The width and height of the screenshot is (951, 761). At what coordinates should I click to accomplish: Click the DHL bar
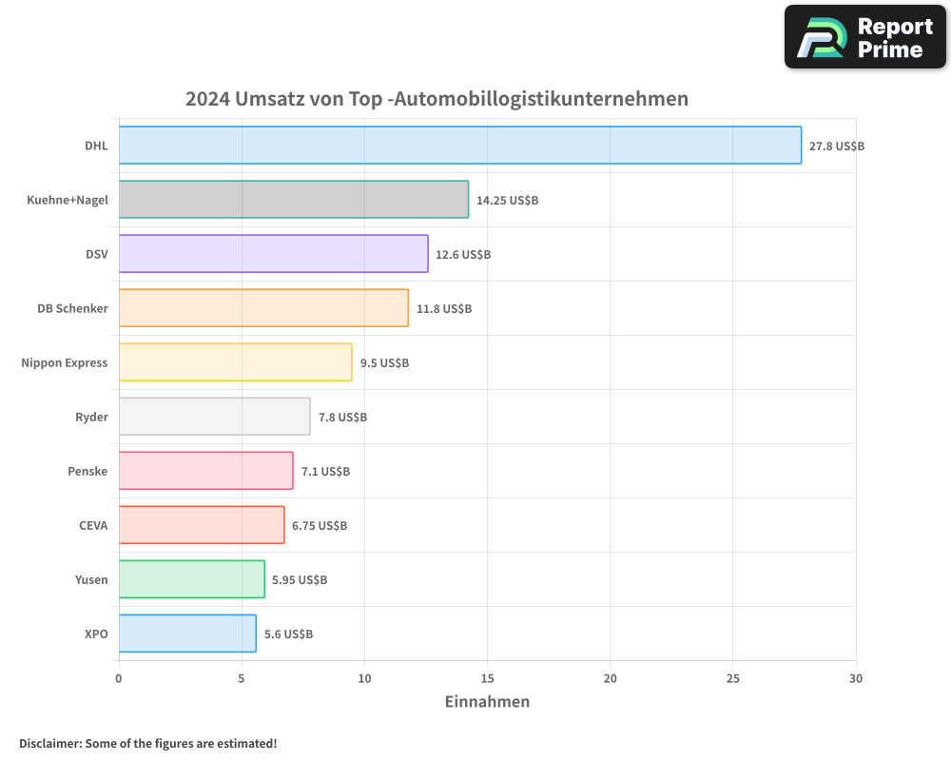459,146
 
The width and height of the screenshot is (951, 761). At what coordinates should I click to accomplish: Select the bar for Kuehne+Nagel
293,200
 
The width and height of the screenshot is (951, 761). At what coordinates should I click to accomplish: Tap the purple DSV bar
273,254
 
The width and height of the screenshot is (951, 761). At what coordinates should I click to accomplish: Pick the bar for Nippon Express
235,362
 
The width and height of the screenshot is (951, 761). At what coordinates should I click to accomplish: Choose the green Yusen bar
191,579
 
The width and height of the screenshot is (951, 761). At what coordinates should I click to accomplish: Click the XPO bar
187,634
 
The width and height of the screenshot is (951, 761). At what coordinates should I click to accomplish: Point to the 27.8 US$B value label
837,146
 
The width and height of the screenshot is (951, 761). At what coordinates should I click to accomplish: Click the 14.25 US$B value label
507,201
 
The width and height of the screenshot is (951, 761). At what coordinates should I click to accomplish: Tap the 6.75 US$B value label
320,526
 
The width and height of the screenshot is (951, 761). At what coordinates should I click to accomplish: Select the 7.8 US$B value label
342,418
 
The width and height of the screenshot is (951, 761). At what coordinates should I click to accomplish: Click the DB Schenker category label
72,308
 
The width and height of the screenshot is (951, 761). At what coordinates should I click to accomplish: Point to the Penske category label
87,471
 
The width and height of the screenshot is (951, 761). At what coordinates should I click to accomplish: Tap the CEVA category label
93,525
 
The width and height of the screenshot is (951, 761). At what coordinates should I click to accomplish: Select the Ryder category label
91,417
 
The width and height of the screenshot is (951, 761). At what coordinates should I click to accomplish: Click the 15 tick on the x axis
487,678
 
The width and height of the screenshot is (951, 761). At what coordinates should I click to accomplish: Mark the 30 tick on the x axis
856,678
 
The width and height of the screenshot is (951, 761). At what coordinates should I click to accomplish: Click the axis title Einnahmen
487,702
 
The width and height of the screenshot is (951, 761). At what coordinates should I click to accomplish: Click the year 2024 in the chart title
206,99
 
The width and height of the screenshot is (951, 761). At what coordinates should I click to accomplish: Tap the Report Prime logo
865,37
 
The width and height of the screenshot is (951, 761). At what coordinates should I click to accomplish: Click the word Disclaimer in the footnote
49,743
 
